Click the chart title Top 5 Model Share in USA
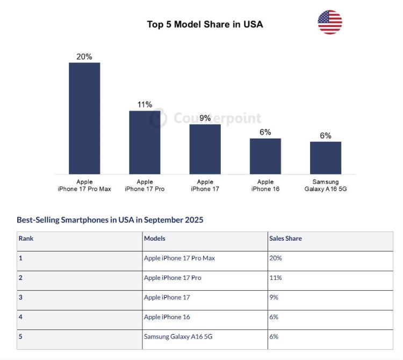[205, 24]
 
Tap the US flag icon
[329, 22]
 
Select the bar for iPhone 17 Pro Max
[84, 118]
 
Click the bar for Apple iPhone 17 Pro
[145, 142]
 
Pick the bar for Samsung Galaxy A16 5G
[326, 157]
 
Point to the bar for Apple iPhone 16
[265, 156]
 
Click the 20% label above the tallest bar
[84, 56]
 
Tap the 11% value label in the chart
[145, 105]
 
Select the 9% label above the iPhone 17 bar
[205, 118]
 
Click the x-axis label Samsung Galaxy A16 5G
[326, 185]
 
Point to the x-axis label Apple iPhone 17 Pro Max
[84, 185]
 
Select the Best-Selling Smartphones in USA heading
[110, 220]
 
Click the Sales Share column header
[285, 239]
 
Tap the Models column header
[155, 239]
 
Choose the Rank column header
[26, 239]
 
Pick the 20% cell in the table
[276, 258]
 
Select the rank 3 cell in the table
[21, 297]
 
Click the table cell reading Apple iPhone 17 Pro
[172, 278]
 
